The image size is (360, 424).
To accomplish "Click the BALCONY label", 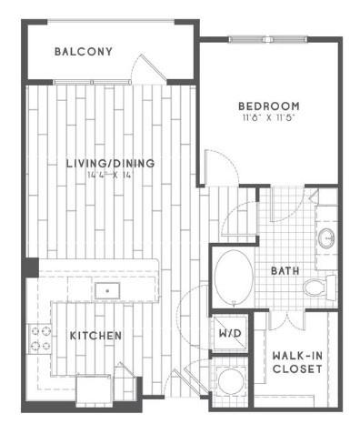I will [83, 52].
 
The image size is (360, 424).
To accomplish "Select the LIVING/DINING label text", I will [109, 164].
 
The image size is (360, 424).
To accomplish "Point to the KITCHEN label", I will [95, 336].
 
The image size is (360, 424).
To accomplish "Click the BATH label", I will [284, 271].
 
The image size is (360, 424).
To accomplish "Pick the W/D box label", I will [228, 333].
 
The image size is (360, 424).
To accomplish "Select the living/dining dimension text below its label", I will [107, 176].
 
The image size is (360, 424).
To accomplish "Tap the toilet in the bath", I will [318, 288].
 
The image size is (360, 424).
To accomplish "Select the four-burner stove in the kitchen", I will [41, 339].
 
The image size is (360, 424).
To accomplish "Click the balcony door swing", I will [145, 69].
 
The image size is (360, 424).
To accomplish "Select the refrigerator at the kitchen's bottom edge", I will [94, 389].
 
